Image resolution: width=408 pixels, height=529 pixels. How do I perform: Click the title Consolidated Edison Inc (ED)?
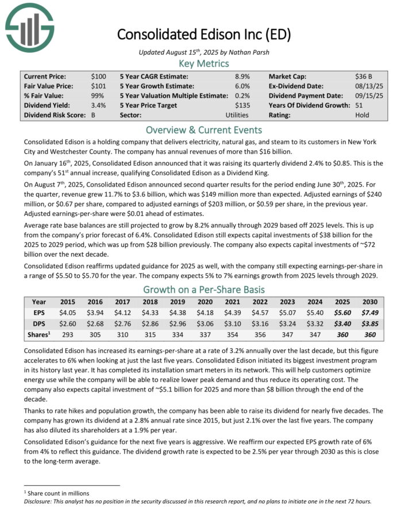tap(203, 34)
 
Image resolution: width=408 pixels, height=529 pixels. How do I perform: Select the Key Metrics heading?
tap(204, 63)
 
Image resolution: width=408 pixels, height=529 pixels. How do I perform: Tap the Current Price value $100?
tap(98, 76)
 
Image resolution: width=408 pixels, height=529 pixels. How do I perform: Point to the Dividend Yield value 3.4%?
tap(98, 105)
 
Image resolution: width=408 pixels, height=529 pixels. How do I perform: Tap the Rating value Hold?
tap(362, 115)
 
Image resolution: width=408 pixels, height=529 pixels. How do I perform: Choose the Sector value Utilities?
tap(237, 115)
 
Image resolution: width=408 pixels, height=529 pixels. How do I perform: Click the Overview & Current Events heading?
tap(204, 130)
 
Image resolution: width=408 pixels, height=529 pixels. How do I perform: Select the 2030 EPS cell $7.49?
tap(370, 313)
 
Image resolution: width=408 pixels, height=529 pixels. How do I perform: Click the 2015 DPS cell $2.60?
tap(68, 324)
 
